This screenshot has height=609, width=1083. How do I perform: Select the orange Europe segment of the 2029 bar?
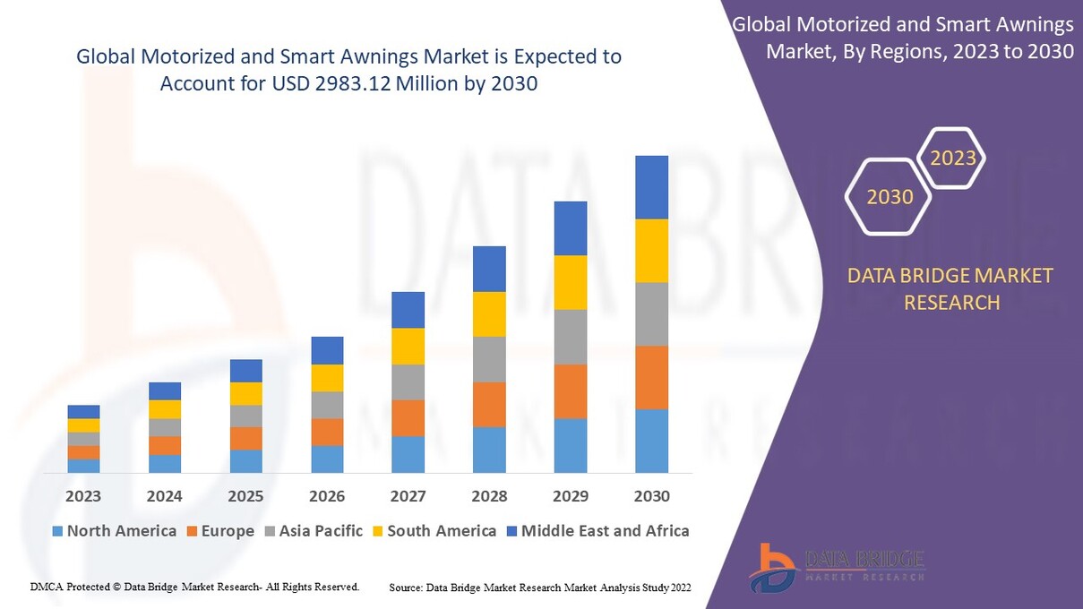[570, 391]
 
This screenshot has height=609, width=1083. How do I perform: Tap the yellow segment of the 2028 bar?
[489, 314]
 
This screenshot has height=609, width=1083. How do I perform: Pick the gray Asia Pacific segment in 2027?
[408, 382]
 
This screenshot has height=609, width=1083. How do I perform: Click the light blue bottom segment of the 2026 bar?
[327, 459]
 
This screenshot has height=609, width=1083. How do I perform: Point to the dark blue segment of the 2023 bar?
[83, 412]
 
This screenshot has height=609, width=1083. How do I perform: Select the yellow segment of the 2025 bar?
[245, 394]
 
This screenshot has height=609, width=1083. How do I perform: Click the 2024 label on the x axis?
[165, 496]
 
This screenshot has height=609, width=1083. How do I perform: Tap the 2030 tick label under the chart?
[651, 496]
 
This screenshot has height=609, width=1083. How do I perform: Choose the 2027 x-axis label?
[408, 496]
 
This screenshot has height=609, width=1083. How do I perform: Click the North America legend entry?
[114, 531]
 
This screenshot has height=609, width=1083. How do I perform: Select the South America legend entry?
[434, 531]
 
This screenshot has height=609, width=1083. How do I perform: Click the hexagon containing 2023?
[952, 159]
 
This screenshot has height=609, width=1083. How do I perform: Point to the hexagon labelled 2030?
[890, 196]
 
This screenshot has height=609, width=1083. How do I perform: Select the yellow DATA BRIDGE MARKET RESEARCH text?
[950, 289]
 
